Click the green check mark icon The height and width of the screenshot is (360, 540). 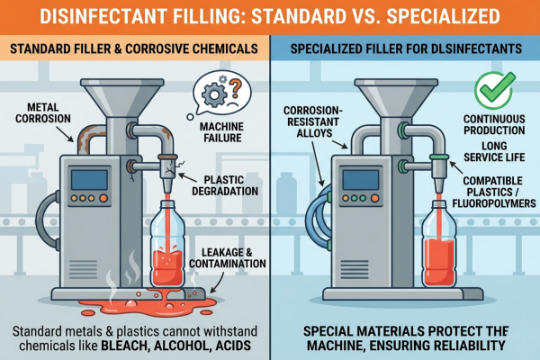click(x=495, y=90)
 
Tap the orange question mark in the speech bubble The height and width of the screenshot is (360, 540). click(x=235, y=88)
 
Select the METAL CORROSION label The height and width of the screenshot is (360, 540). click(x=43, y=113)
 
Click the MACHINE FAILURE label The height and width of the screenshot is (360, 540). click(x=222, y=132)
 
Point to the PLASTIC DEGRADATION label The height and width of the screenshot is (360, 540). click(x=225, y=185)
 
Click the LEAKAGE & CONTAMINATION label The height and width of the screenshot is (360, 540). click(x=228, y=258)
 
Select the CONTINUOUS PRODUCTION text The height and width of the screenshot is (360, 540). click(x=494, y=125)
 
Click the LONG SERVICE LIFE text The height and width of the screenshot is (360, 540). click(x=494, y=151)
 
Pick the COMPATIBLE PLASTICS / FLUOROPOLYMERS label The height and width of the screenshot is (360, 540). click(x=494, y=192)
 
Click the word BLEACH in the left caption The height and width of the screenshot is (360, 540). click(x=123, y=346)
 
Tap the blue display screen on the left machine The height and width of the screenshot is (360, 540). click(x=89, y=179)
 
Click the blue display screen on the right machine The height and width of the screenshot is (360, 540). click(x=361, y=179)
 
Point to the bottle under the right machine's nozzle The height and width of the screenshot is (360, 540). click(x=439, y=243)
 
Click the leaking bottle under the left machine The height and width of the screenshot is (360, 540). click(x=167, y=244)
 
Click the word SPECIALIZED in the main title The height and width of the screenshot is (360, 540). click(x=443, y=16)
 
